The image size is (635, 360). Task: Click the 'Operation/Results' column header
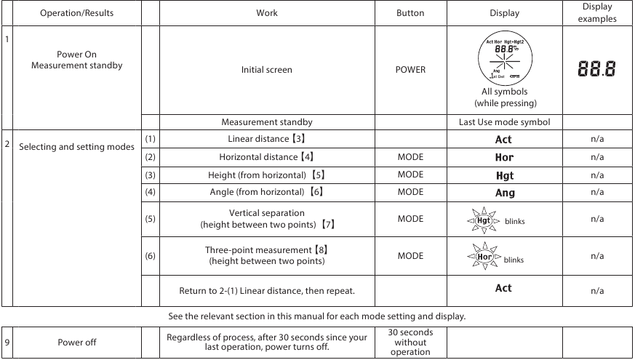(76, 13)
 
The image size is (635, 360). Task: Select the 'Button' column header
(410, 13)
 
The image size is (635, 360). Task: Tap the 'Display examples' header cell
(596, 12)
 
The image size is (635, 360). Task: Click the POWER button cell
(410, 70)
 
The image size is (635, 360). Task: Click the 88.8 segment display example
(596, 70)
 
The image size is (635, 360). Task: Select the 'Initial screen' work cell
(266, 70)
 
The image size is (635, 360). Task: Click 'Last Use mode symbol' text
(504, 122)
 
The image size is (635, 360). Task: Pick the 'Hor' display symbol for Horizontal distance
(504, 157)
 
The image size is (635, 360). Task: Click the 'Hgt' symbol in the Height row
(504, 175)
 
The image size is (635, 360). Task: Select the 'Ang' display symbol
(504, 193)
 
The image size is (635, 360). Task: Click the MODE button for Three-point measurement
(410, 255)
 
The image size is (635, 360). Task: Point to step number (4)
(150, 192)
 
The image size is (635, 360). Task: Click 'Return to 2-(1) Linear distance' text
(266, 291)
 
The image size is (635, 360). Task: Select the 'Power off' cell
(76, 343)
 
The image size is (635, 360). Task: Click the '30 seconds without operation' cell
(410, 343)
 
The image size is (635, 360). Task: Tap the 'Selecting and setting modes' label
(76, 147)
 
